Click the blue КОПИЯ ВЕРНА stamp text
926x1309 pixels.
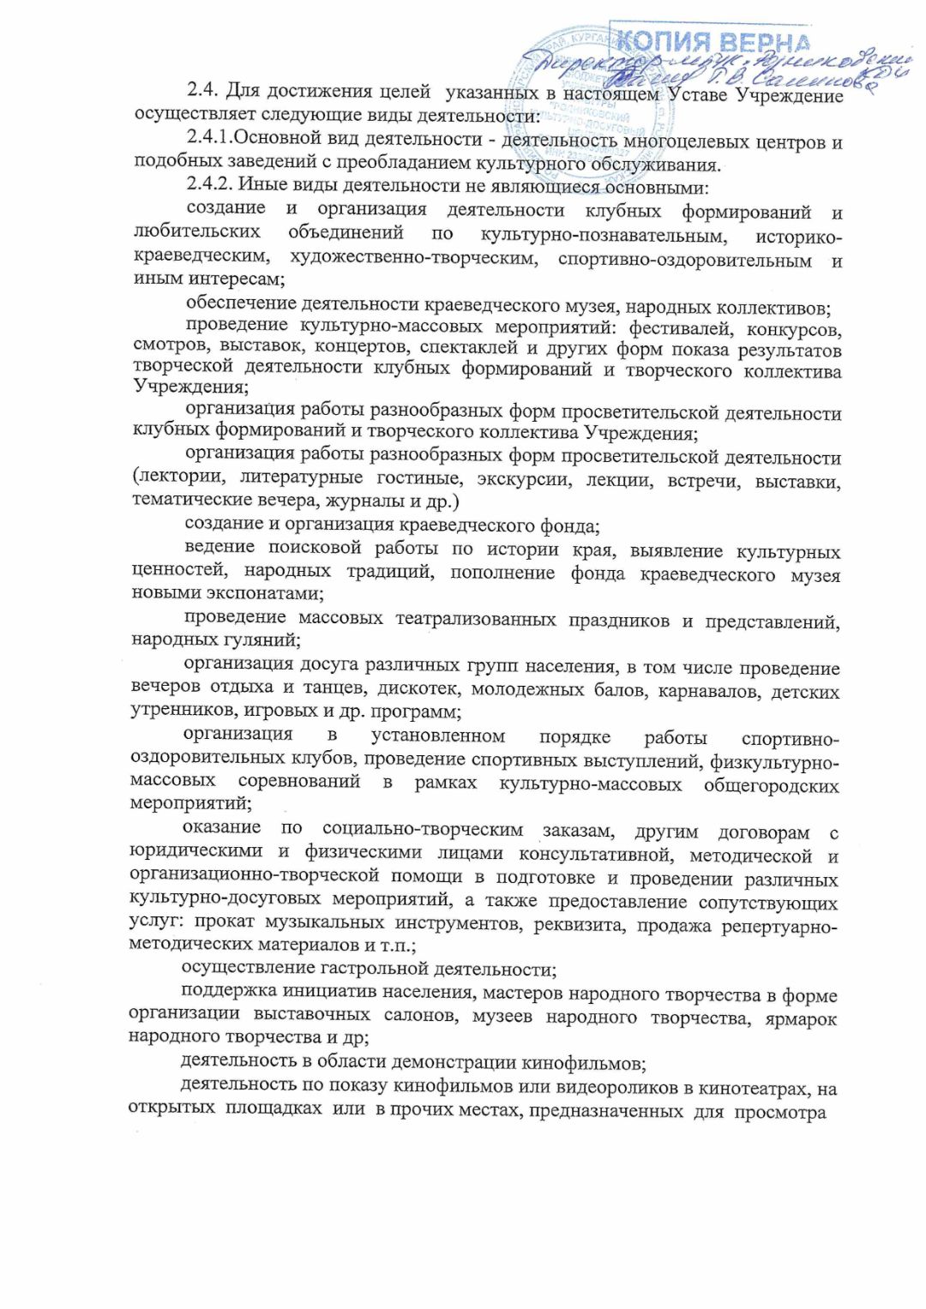[712, 40]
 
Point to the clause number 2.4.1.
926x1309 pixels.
[209, 137]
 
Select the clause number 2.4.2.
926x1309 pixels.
[209, 183]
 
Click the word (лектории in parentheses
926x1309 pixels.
[178, 477]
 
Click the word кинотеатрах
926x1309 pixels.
[755, 1090]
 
